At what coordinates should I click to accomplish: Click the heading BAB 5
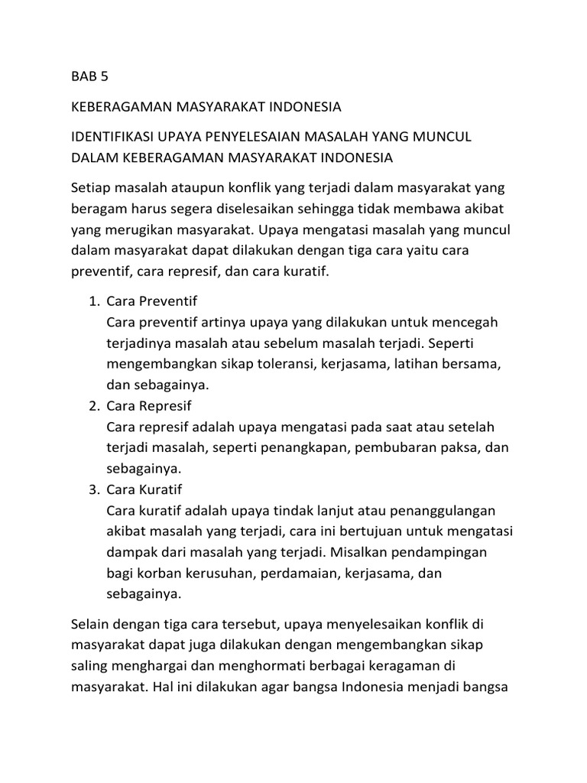(x=90, y=77)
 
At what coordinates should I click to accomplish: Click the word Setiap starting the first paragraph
(x=90, y=187)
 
